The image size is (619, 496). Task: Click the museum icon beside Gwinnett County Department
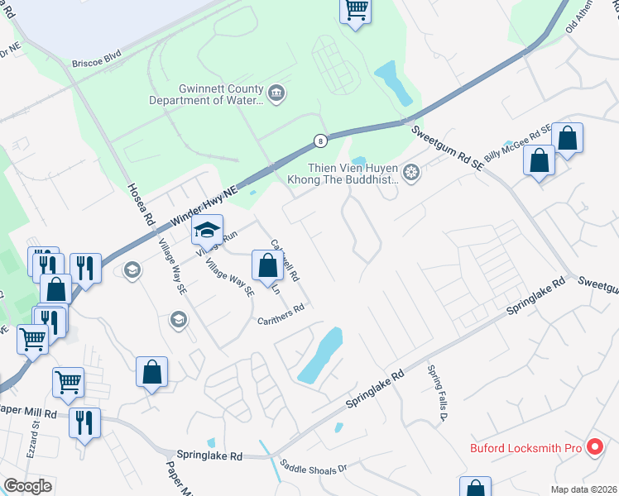(x=277, y=94)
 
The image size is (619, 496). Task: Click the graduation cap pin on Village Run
(x=208, y=229)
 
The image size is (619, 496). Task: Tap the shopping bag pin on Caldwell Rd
(x=267, y=266)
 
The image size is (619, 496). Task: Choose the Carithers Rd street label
(x=281, y=315)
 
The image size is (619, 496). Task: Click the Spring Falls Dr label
(x=437, y=392)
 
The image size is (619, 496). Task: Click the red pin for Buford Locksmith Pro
(x=594, y=448)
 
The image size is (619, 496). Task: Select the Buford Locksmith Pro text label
(x=526, y=449)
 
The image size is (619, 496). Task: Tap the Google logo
(x=27, y=486)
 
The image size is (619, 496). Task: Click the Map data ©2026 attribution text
(x=583, y=489)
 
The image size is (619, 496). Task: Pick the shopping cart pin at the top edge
(x=356, y=10)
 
